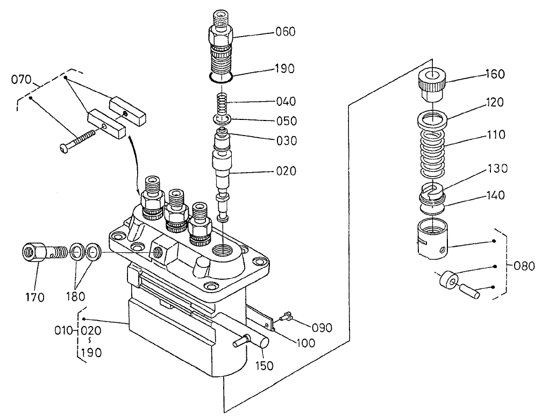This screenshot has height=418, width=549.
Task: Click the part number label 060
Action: click(x=286, y=32)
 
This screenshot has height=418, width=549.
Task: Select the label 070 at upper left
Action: click(x=22, y=81)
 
